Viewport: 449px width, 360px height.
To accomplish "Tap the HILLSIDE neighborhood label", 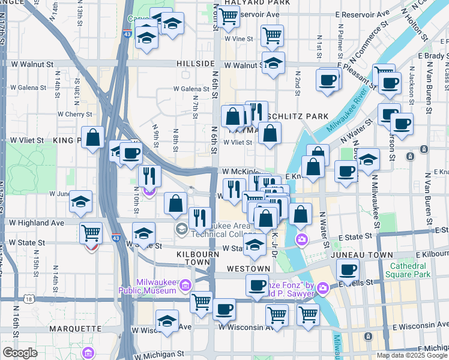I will pyautogui.click(x=196, y=64).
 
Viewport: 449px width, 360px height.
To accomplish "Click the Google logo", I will pyautogui.click(x=20, y=353).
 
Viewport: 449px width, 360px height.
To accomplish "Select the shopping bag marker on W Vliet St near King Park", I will pyautogui.click(x=93, y=137).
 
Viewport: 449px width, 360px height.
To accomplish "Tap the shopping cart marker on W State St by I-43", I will pyautogui.click(x=91, y=232).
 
